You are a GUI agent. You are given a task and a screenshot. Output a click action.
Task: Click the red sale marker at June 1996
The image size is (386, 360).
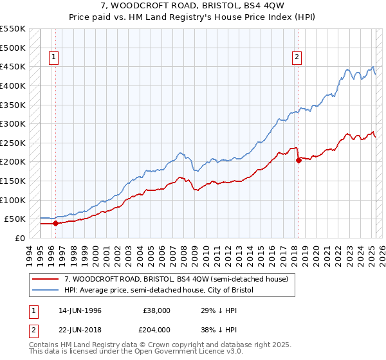click(55, 224)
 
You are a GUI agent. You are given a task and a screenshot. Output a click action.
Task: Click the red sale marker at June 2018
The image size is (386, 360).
click(299, 161)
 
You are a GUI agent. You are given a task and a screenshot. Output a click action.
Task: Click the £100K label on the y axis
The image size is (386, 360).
click(14, 200)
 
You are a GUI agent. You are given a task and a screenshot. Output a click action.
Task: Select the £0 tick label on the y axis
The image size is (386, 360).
click(19, 238)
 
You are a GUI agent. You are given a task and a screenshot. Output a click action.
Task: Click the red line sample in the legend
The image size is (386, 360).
click(46, 279)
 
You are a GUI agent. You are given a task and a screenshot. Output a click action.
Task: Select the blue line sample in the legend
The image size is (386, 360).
click(46, 290)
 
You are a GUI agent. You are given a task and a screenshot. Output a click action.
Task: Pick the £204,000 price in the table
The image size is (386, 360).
click(156, 329)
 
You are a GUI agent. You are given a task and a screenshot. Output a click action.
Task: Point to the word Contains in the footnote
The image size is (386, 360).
click(45, 345)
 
